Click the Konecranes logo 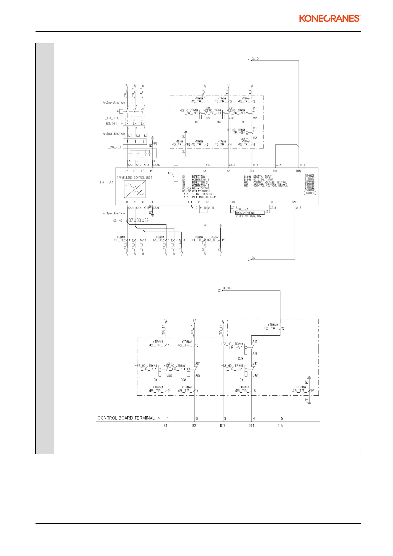point(330,18)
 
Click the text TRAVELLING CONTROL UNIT point(135,178)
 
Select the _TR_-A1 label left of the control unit point(105,182)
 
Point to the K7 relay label point(169,173)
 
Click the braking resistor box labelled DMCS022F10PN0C point(250,213)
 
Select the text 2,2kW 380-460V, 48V point(248,216)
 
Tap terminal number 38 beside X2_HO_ point(139,220)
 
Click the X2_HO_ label point(118,220)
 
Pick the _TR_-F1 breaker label point(112,118)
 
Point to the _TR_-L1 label point(115,147)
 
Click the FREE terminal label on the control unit point(191,202)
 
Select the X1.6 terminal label point(298,208)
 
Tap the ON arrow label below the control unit point(253,258)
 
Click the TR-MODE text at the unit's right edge point(310,176)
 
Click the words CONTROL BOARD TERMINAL point(126,418)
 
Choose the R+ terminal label point(234,202)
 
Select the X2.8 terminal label point(273,208)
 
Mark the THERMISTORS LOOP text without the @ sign point(203,194)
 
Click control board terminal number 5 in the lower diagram point(282,418)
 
